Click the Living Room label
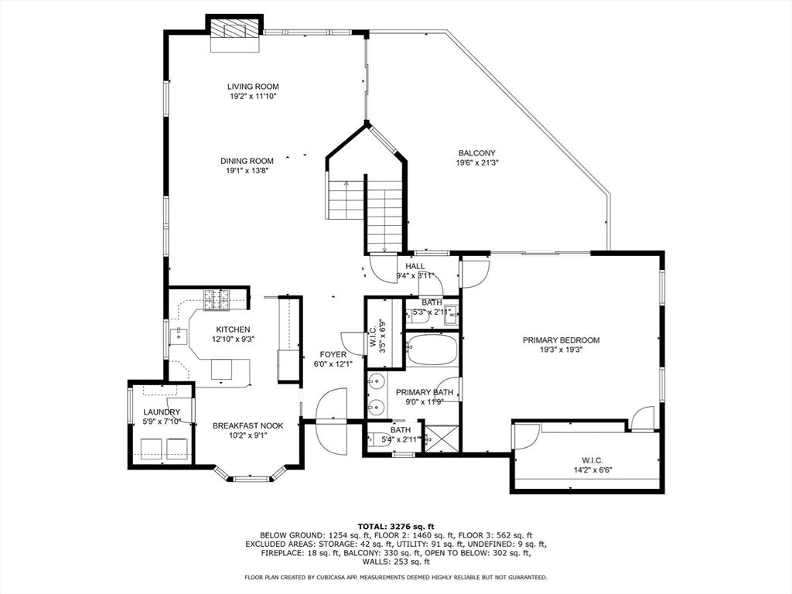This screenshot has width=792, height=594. pos(253,87)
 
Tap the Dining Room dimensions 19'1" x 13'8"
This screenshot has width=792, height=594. pos(247,171)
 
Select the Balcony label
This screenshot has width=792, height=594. pos(476,153)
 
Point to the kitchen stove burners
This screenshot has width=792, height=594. pos(217,299)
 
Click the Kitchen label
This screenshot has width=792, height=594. pos(233,329)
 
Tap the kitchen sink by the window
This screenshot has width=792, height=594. pos(179,334)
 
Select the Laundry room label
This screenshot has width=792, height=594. pos(162,412)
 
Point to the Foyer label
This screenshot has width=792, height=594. pos(333,354)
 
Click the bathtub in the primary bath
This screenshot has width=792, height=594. pos(432,350)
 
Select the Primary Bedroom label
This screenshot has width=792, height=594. pos(562,340)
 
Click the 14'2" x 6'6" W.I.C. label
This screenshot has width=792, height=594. pos(592,465)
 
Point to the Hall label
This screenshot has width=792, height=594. pos(415,266)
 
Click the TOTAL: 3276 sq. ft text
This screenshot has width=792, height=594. pos(396,526)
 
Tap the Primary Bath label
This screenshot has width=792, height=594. pos(425,392)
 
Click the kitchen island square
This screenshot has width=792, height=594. pos(221,369)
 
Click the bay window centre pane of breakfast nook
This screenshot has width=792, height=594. pos(250,477)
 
